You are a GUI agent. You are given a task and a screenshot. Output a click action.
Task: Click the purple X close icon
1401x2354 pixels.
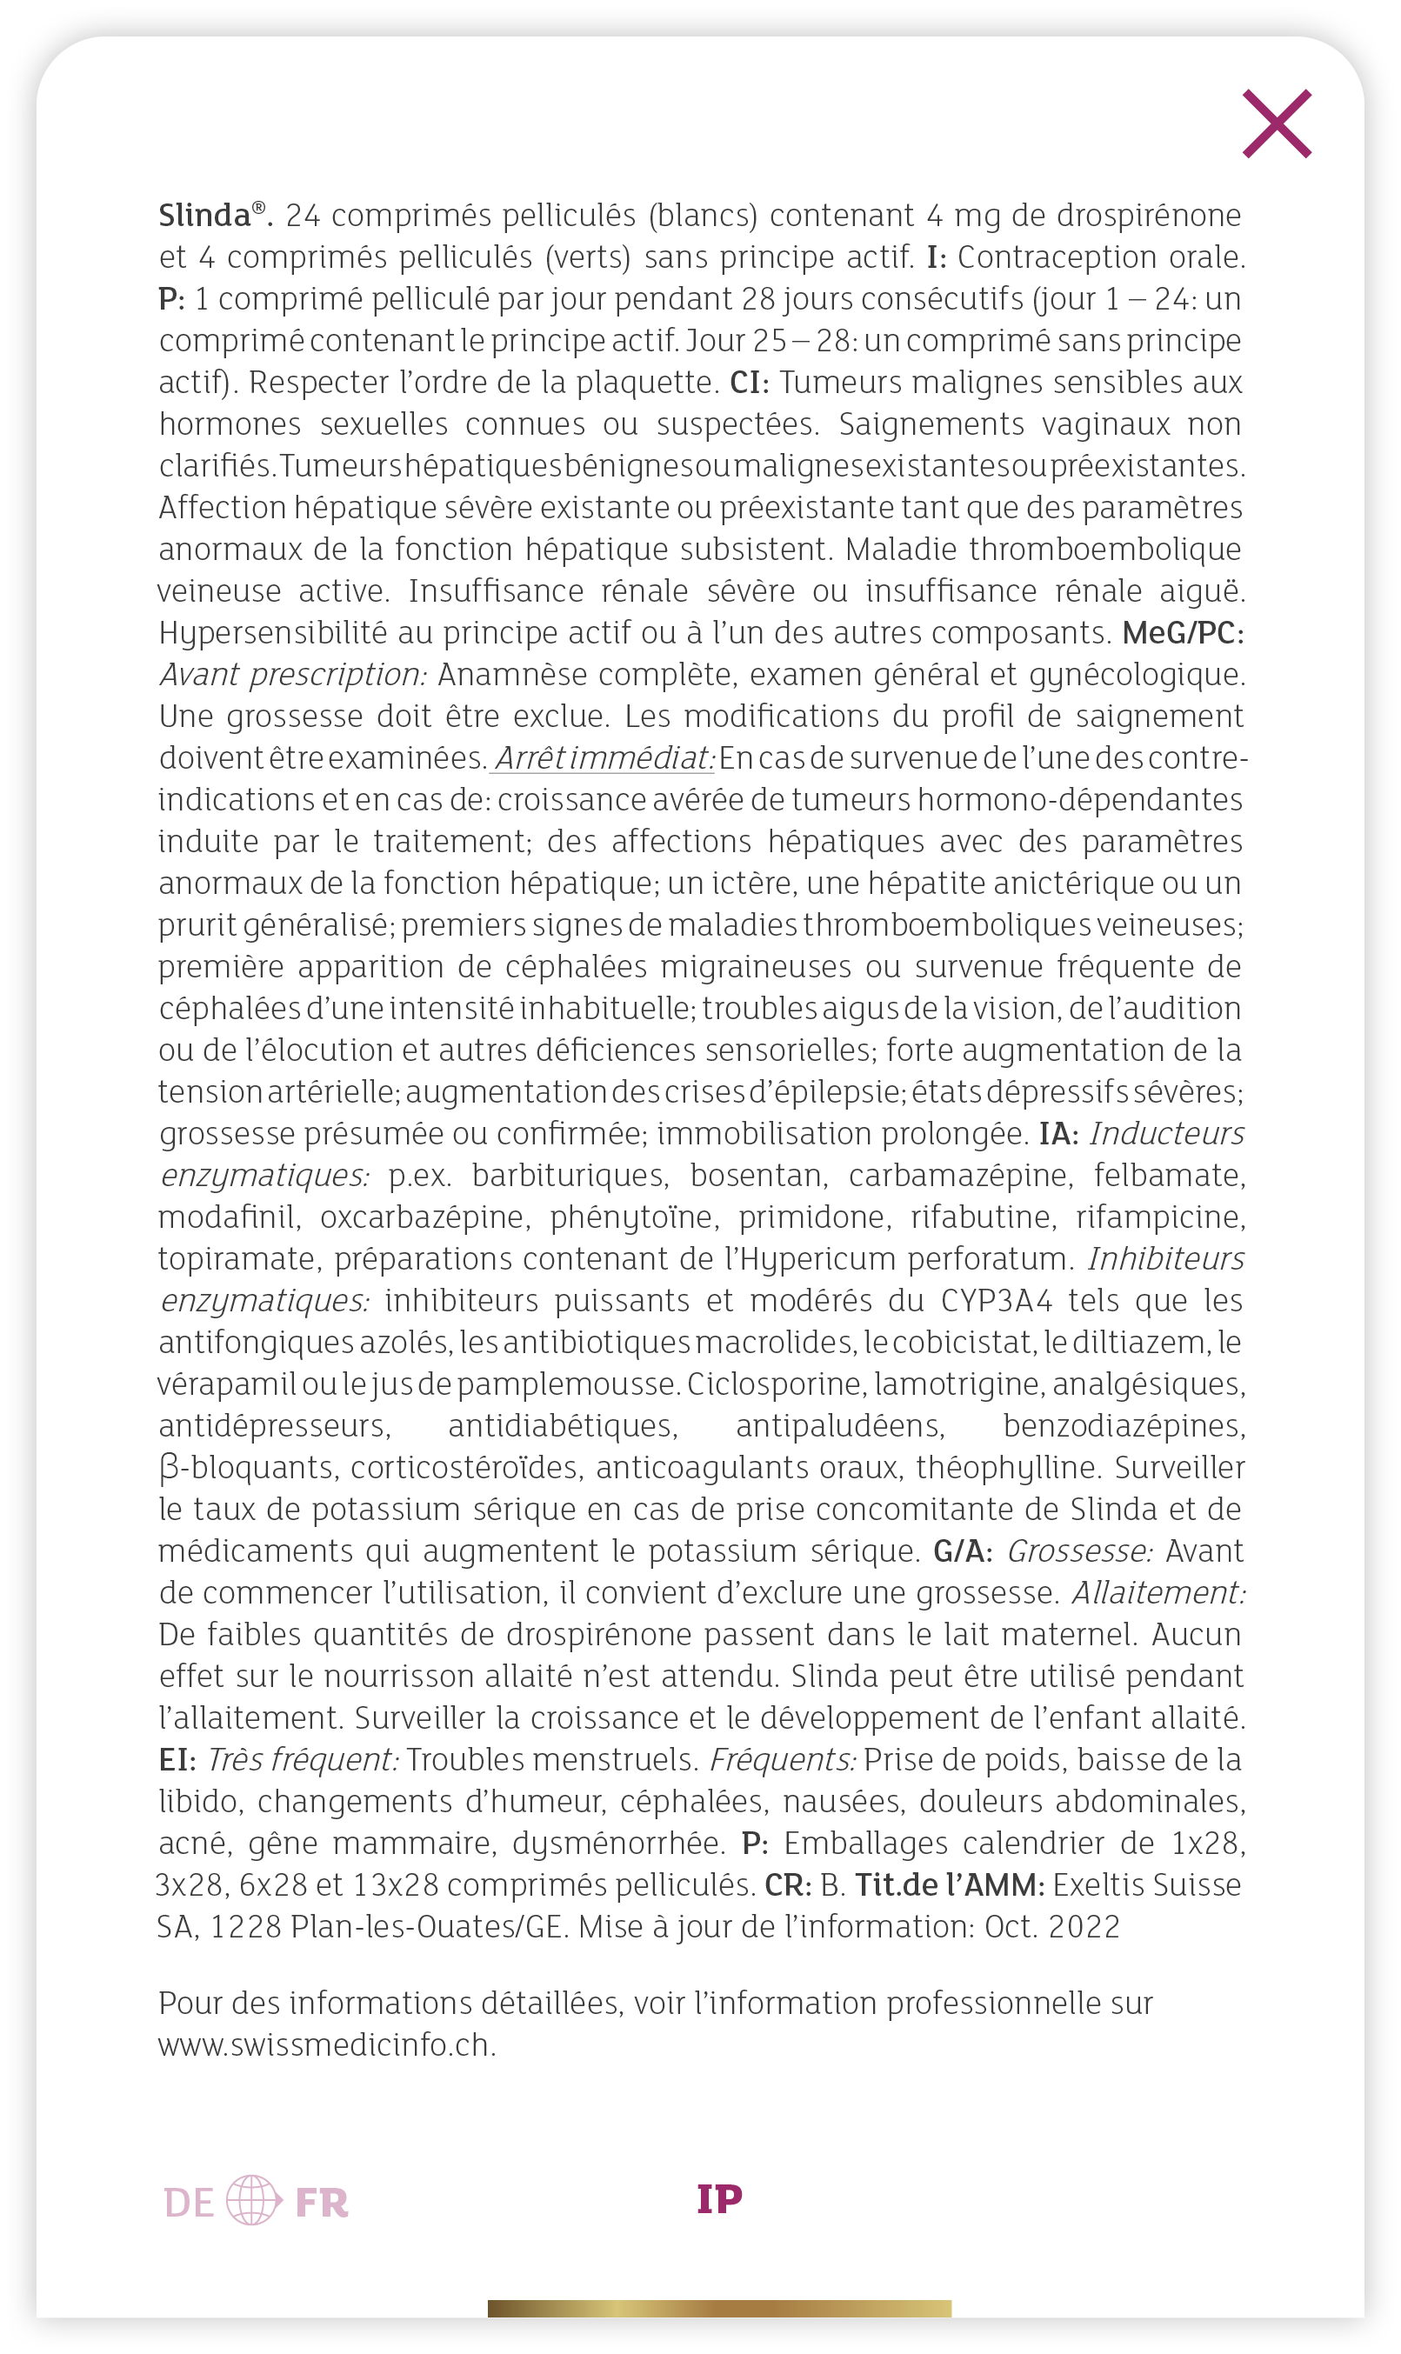click(x=1277, y=123)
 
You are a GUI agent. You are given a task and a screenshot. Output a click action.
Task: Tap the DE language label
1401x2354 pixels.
click(x=189, y=2203)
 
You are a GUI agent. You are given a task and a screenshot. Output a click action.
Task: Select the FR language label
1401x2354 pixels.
click(x=321, y=2203)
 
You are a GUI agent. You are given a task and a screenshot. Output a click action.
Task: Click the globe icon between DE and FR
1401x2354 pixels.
click(x=253, y=2200)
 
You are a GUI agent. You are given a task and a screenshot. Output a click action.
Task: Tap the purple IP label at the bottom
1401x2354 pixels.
click(x=719, y=2199)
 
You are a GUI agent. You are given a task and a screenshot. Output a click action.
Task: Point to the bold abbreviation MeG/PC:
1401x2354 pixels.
click(x=1182, y=633)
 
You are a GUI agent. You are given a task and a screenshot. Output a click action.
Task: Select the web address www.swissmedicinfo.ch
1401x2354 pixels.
click(x=327, y=2044)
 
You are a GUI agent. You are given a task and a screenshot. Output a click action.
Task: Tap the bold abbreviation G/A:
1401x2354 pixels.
click(x=962, y=1550)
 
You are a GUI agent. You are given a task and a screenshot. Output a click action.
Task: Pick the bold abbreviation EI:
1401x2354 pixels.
click(x=177, y=1759)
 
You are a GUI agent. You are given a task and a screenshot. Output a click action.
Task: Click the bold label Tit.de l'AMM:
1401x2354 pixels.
click(x=949, y=1885)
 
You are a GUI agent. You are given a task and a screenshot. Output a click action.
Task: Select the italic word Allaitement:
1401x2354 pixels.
click(x=1158, y=1592)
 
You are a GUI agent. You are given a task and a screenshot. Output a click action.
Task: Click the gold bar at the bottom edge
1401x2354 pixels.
click(x=719, y=2309)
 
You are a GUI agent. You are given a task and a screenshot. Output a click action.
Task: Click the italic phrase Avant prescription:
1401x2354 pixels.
click(x=294, y=675)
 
